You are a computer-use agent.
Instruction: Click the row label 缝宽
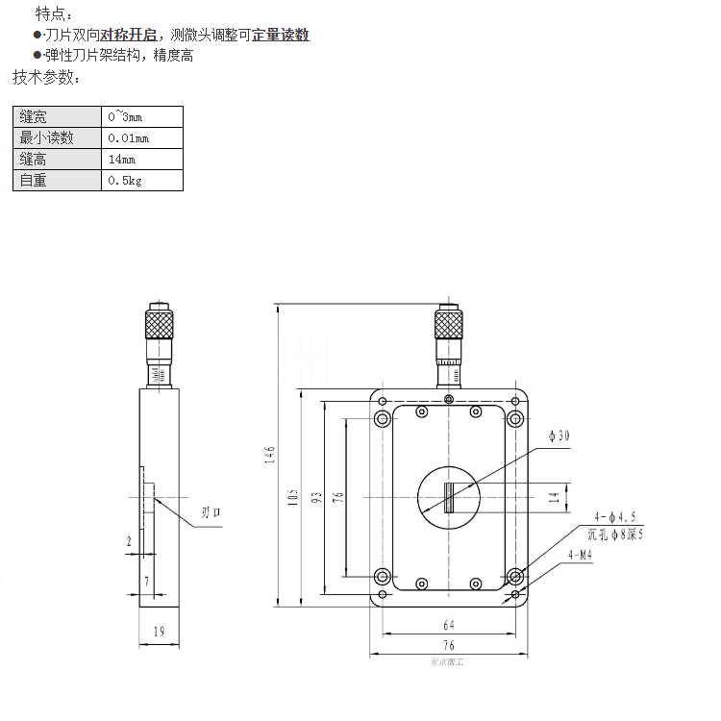34,117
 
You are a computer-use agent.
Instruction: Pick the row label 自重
34,181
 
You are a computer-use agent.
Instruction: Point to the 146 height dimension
271,455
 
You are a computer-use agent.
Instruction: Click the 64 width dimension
449,624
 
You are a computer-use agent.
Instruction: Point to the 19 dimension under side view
160,632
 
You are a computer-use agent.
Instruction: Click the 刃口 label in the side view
211,512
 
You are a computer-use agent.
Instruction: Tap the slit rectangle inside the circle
449,498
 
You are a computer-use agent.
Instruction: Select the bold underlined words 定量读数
281,36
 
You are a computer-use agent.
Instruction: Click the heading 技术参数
47,77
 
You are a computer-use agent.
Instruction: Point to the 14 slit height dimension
553,498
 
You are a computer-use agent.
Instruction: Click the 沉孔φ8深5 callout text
614,533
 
